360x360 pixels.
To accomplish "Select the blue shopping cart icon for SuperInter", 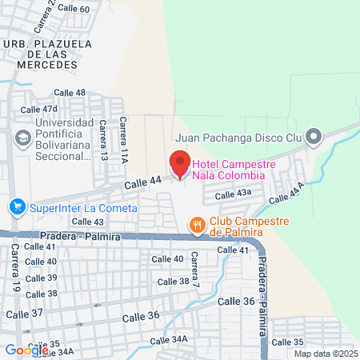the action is (16, 208).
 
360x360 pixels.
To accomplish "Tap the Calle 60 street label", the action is (74, 9).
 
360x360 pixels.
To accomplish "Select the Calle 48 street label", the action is (70, 93).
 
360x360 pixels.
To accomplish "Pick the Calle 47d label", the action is (39, 109).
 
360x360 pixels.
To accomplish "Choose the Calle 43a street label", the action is (233, 193).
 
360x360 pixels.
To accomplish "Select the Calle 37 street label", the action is (26, 313).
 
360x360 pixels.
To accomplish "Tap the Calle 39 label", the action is (41, 278).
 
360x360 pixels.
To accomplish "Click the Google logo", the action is (26, 350).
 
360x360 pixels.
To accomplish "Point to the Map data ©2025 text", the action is (326, 354).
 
